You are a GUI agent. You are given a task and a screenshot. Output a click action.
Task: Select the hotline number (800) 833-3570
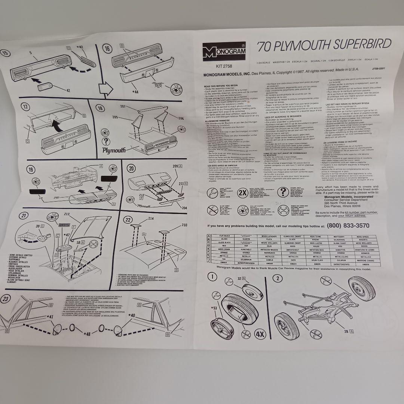pyautogui.click(x=348, y=226)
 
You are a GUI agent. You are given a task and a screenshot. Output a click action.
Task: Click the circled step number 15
pyautogui.click(x=5, y=53)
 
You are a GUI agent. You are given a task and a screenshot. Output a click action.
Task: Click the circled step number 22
pyautogui.click(x=128, y=220)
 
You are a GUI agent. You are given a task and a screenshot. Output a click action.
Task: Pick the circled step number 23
pyautogui.click(x=5, y=298)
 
